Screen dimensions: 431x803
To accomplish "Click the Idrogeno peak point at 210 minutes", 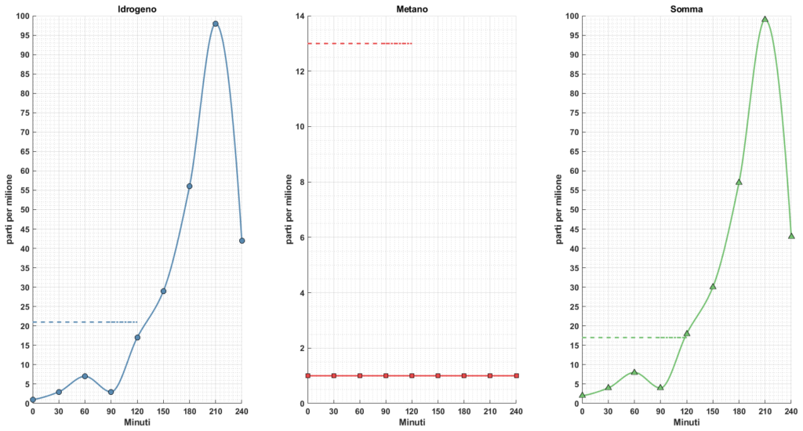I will click(x=216, y=24).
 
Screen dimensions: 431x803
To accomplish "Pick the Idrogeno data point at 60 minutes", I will click(x=85, y=376).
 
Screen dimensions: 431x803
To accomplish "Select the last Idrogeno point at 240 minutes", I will click(x=242, y=241).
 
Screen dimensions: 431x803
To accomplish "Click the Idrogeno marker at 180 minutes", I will click(x=189, y=187).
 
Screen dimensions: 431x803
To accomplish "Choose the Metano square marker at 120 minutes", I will click(x=412, y=376).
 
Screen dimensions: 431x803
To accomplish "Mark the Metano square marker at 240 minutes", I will click(x=516, y=376).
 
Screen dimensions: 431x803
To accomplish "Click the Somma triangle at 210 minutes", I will click(x=765, y=20).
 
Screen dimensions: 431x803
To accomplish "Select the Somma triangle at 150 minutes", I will click(x=713, y=286).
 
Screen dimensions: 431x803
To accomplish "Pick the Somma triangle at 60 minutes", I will click(x=634, y=371).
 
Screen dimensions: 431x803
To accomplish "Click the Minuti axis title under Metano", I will click(x=412, y=422).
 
